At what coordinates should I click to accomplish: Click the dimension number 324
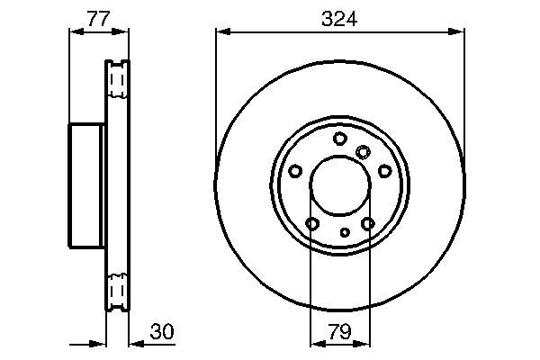coord(340,17)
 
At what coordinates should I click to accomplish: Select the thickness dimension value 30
coord(163,332)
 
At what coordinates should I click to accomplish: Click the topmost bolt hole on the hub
coord(339,139)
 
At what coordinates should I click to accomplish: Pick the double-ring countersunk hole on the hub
coord(363,152)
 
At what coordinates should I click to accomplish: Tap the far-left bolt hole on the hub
coord(295,171)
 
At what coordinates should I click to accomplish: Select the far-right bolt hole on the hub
coord(385,171)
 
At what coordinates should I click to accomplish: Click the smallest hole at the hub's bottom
coord(345,232)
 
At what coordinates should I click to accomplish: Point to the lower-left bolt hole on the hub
coord(312,223)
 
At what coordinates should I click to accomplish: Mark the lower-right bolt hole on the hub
coord(367,223)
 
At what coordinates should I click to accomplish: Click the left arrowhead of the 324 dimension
coord(221,32)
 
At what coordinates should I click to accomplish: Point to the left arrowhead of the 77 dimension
coord(75,32)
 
